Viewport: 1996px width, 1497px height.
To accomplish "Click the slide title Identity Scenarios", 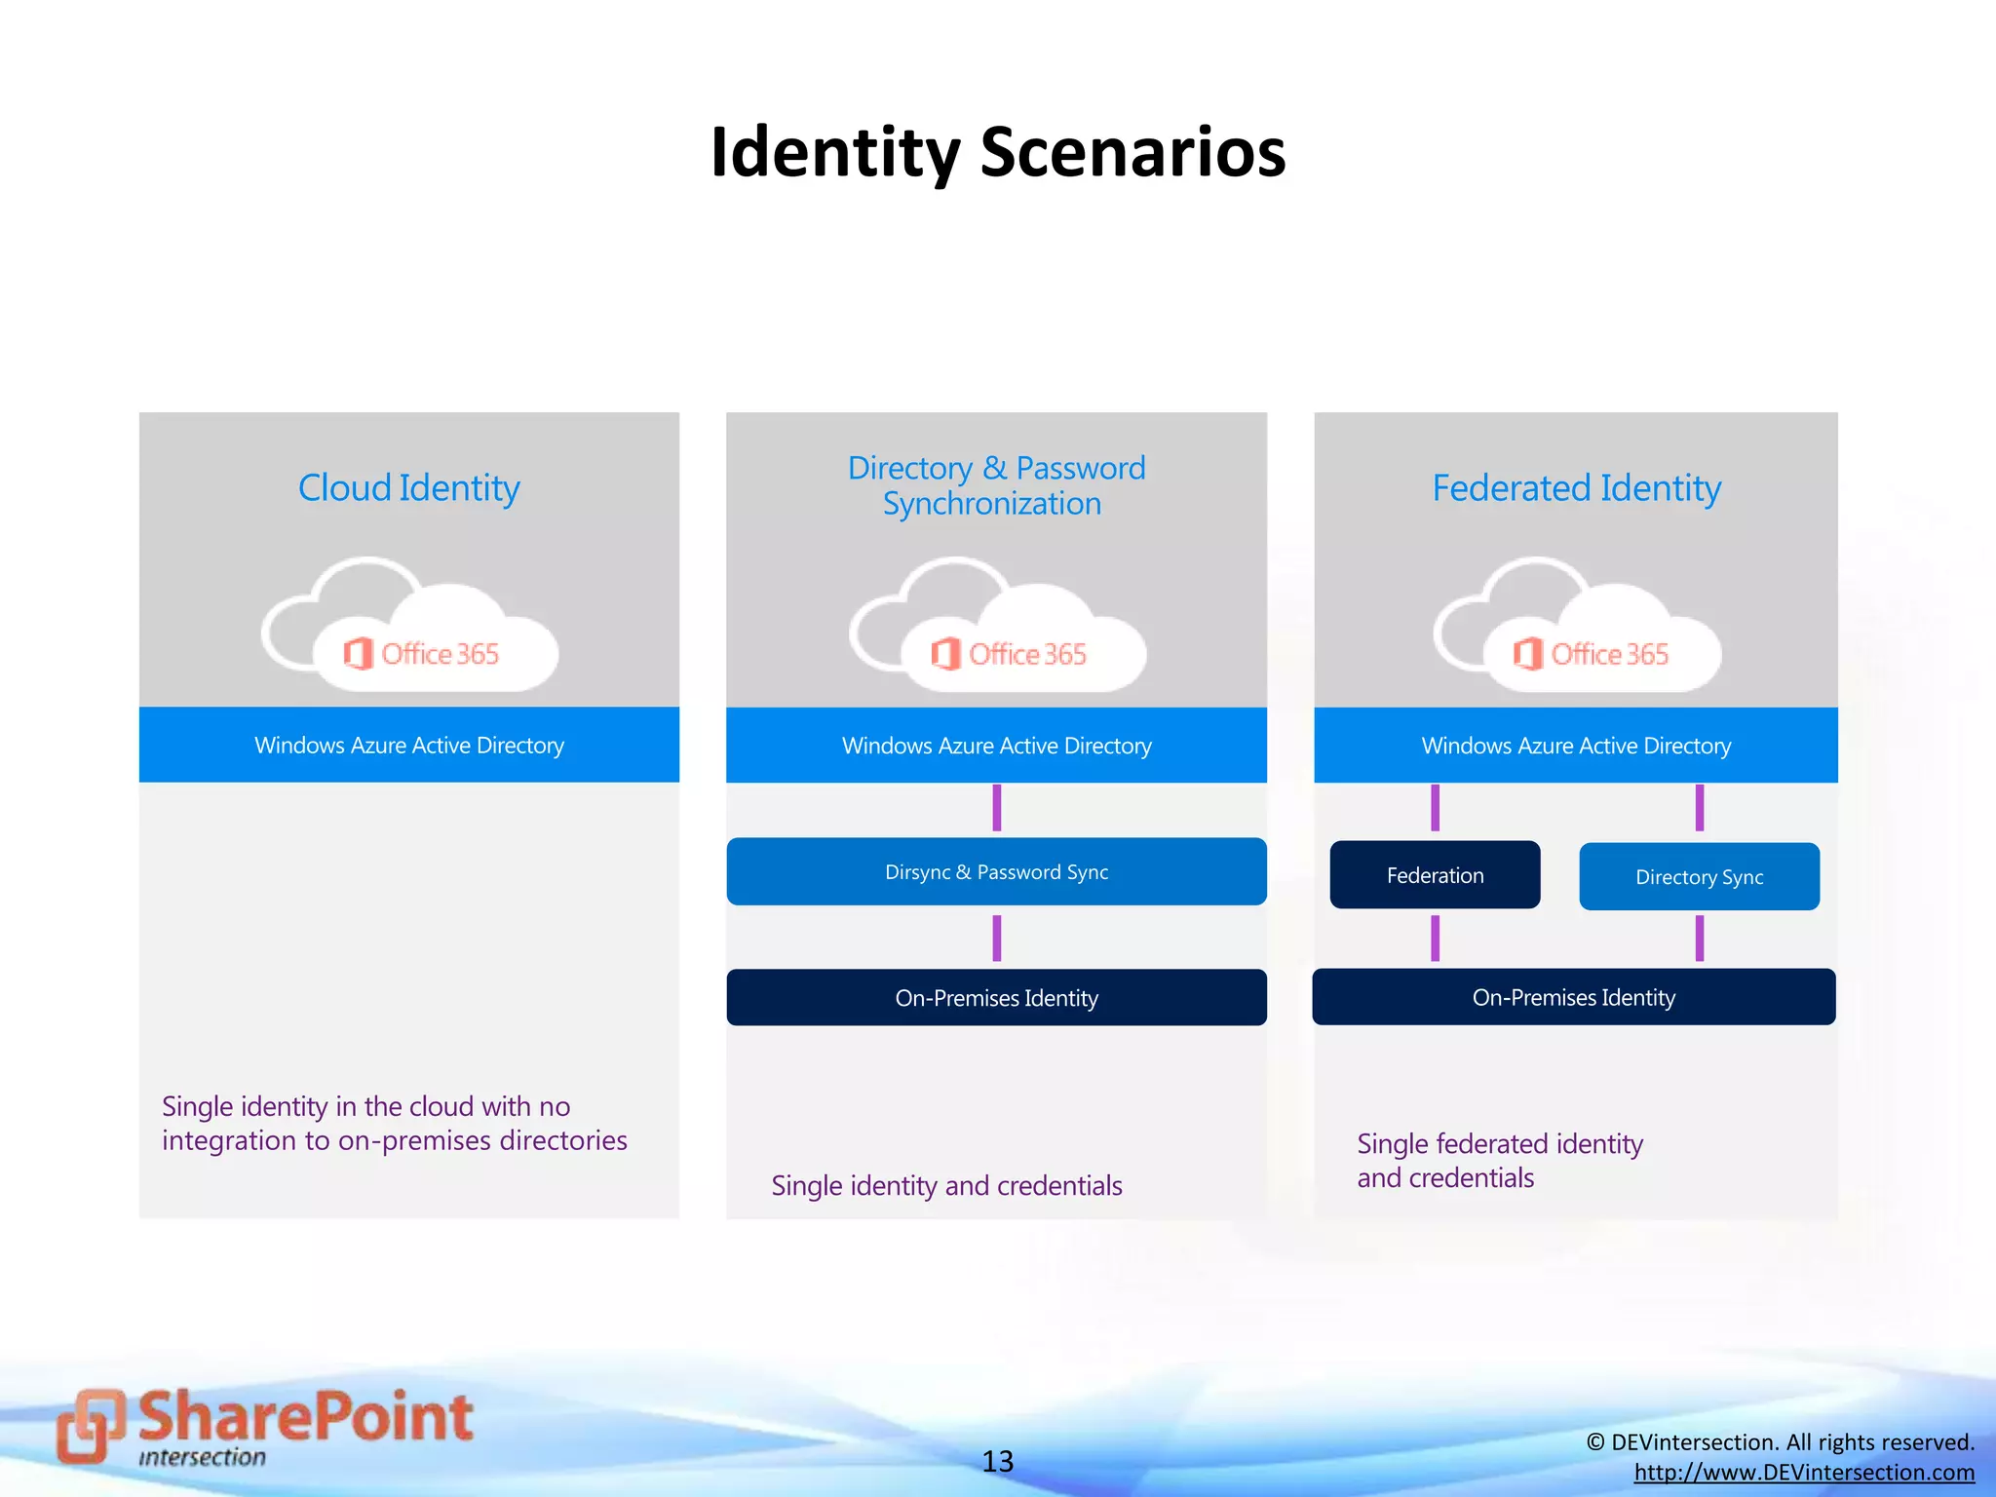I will [998, 153].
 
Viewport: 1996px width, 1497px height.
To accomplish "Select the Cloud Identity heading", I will [408, 487].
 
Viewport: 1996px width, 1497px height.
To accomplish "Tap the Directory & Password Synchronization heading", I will [995, 485].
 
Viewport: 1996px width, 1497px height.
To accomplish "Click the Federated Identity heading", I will [1576, 487].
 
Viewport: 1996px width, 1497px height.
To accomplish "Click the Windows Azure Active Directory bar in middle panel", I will [996, 746].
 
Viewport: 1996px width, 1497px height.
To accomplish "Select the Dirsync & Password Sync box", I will [996, 872].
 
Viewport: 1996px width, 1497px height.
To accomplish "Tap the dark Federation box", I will [1435, 875].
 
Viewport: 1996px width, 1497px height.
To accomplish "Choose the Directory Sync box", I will [1699, 877].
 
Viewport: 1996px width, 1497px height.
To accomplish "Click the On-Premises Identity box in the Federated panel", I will [1573, 997].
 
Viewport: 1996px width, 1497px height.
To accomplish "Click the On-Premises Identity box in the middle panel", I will [996, 998].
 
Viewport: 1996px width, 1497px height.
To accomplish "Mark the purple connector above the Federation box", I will [1435, 808].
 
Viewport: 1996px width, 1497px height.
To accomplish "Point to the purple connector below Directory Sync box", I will [1699, 938].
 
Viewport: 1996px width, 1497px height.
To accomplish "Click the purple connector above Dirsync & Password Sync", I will [996, 808].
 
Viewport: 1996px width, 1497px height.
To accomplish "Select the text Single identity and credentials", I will [946, 1185].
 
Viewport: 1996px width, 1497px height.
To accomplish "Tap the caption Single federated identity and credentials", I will [1499, 1161].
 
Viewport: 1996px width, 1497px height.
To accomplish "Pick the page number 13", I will [997, 1461].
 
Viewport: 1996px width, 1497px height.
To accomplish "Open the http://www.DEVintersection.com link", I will [1804, 1472].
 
